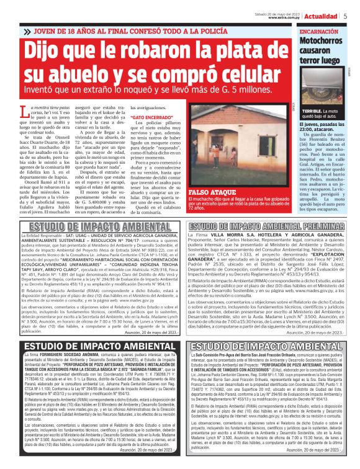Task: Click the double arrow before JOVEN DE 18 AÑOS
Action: [27, 31]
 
